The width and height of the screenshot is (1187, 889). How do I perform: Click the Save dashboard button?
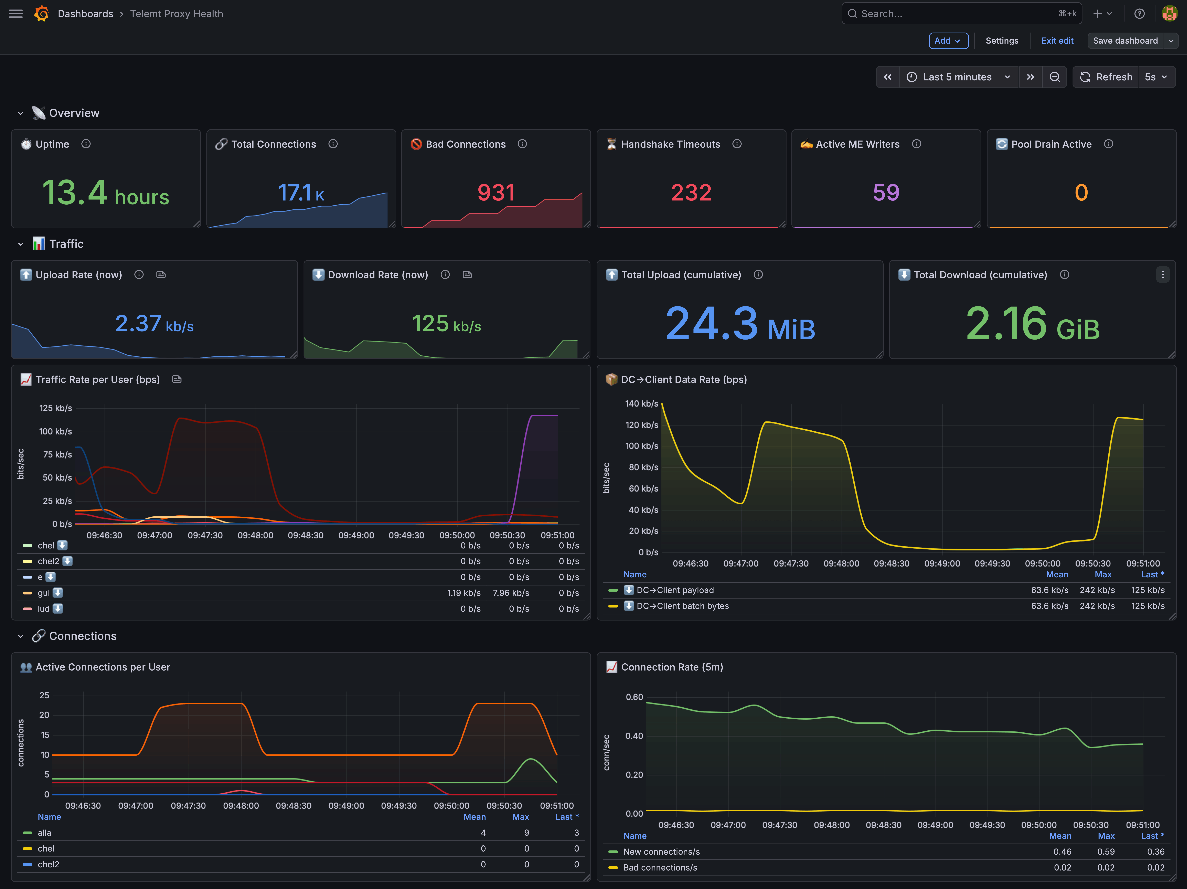(x=1125, y=41)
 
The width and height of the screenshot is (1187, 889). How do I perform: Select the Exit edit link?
(x=1057, y=41)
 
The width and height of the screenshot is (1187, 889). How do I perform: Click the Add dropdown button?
(x=948, y=41)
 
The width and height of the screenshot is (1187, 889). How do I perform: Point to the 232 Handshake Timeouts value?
(x=691, y=192)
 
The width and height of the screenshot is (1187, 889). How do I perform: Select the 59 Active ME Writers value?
(x=886, y=192)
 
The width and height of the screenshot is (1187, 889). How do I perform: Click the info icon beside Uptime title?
(x=86, y=144)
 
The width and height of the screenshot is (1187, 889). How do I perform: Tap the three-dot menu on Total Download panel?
(x=1162, y=275)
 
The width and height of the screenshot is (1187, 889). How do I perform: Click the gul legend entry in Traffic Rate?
(x=43, y=593)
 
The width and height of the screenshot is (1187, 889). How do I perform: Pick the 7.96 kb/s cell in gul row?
(x=511, y=593)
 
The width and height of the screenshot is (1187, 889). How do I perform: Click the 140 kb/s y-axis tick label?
(x=642, y=403)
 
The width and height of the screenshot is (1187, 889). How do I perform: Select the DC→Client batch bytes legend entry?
(x=683, y=606)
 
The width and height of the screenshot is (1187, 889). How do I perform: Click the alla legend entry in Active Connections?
(x=44, y=833)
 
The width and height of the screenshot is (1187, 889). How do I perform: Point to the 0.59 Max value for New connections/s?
(x=1106, y=852)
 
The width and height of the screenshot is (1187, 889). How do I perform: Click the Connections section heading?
(x=83, y=636)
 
